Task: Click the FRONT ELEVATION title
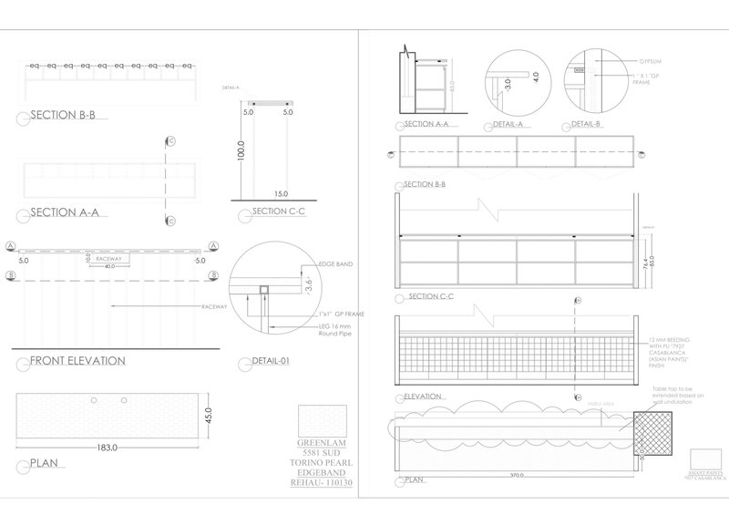(x=77, y=361)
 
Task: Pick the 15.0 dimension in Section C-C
(x=280, y=194)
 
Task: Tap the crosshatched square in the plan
(x=654, y=433)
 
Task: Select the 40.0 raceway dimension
(x=108, y=267)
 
